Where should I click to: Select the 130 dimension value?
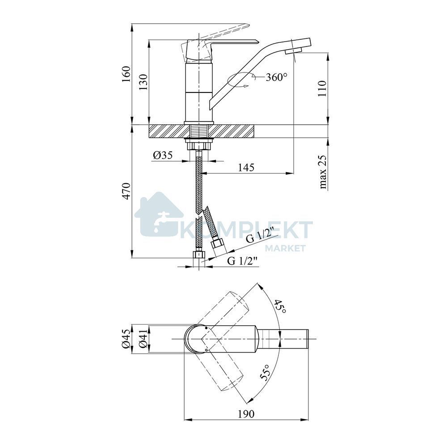click(x=143, y=82)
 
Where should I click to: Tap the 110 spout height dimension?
click(x=322, y=89)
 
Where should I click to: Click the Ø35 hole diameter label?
click(x=163, y=156)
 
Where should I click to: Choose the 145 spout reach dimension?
click(x=246, y=167)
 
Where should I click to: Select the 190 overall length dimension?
click(x=246, y=413)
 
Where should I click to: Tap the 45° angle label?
click(x=280, y=307)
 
